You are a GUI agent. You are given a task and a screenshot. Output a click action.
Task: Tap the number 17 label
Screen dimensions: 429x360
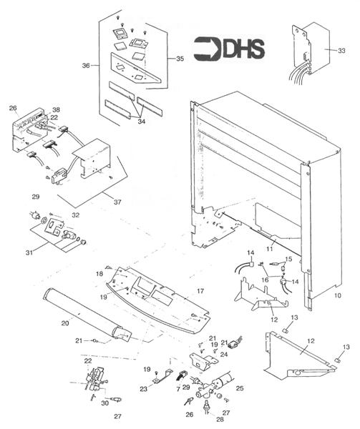pyautogui.click(x=201, y=291)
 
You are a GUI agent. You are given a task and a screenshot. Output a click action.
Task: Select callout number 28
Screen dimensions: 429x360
pyautogui.click(x=210, y=420)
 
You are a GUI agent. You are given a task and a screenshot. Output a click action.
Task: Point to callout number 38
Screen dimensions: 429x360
pyautogui.click(x=56, y=110)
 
